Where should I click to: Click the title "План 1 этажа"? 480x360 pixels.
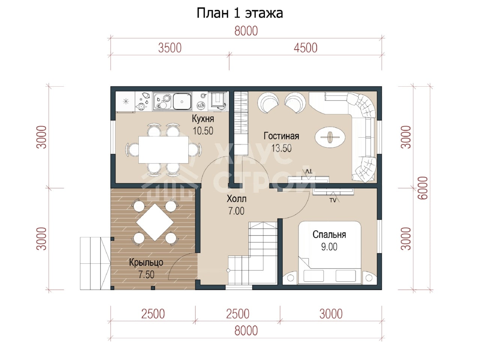(x=240, y=13)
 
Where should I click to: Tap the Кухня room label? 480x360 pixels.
(x=203, y=119)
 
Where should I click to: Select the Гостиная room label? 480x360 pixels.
(x=281, y=136)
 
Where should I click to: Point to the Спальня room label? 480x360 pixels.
(x=329, y=234)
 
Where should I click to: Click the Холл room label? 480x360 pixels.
(x=236, y=199)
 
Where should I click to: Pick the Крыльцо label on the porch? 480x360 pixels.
(x=146, y=262)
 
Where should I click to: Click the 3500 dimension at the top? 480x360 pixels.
(x=170, y=48)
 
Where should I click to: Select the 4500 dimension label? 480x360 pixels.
(x=305, y=48)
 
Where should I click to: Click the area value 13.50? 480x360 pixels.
(x=282, y=148)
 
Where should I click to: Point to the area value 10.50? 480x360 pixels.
(x=203, y=131)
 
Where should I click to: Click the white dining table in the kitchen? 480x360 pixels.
(x=163, y=150)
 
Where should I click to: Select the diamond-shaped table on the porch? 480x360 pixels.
(x=155, y=222)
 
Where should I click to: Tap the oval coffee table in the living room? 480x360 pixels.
(x=330, y=137)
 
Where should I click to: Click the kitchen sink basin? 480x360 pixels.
(x=182, y=101)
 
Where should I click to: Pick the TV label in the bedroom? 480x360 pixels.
(x=333, y=200)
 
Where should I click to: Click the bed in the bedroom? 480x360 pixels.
(x=330, y=253)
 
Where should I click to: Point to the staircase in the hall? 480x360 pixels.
(x=253, y=253)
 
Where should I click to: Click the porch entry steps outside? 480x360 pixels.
(x=95, y=263)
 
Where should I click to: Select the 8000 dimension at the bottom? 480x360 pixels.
(x=246, y=331)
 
